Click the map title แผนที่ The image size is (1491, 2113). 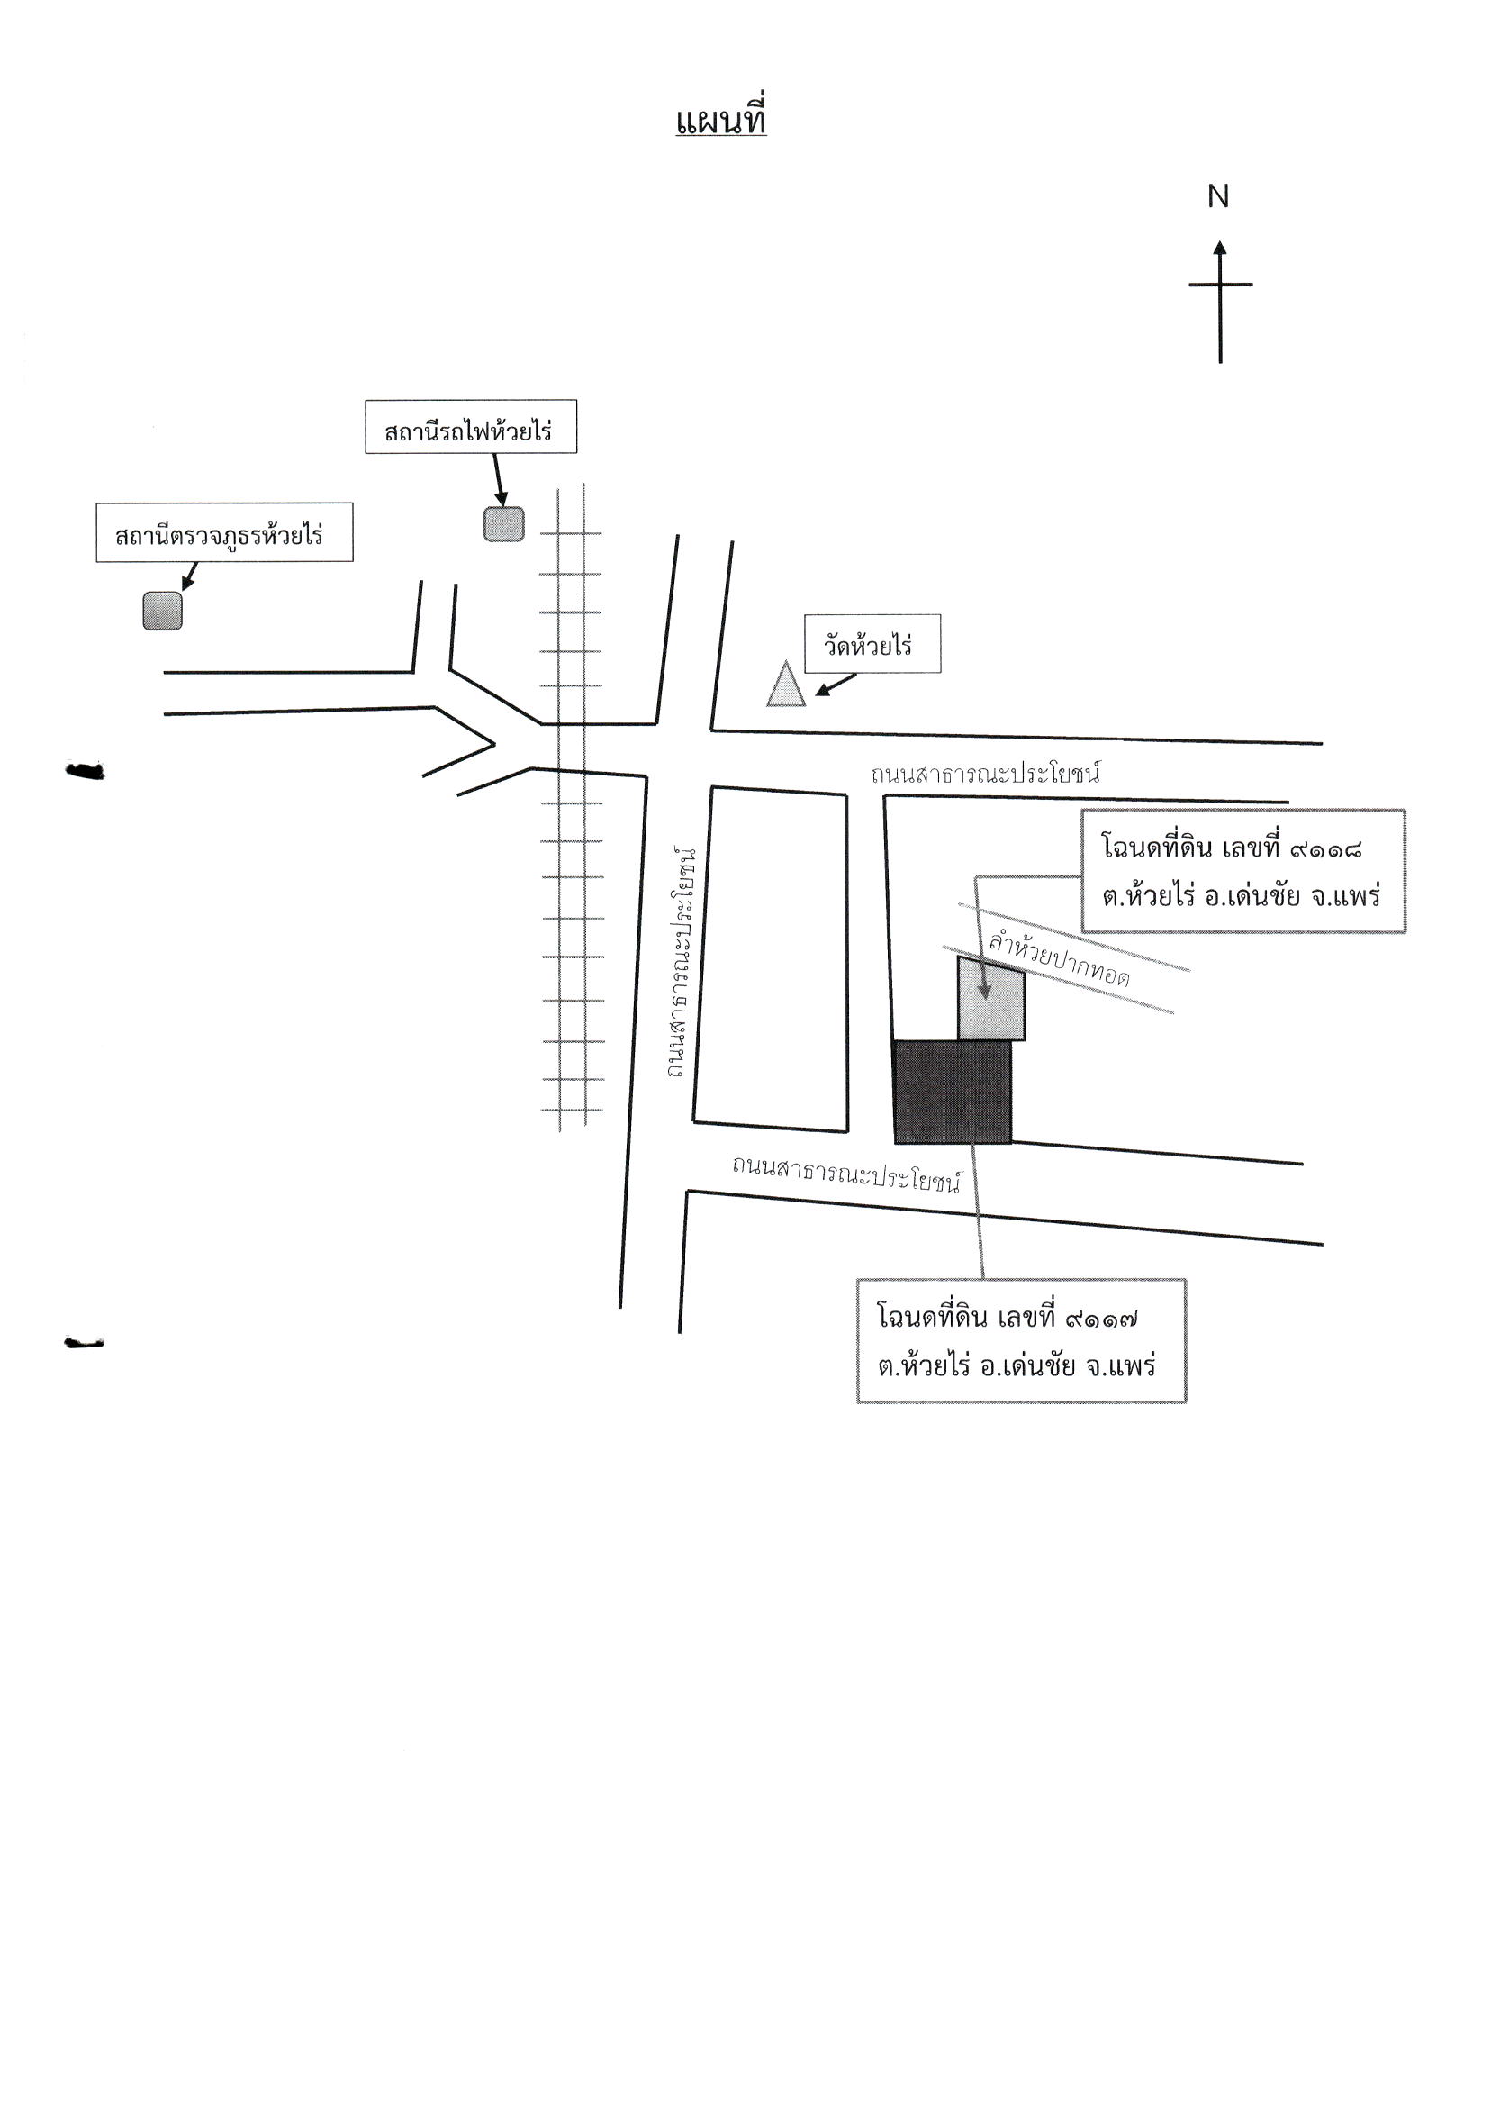pos(721,120)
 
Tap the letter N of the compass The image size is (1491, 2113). pos(1218,196)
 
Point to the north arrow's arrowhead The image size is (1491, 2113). pos(1220,248)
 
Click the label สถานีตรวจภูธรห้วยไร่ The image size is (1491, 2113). pos(220,534)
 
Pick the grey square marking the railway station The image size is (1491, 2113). pos(504,523)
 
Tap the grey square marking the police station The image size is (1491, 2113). pos(163,610)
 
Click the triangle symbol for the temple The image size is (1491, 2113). pos(786,684)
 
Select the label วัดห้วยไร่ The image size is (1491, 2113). pos(868,645)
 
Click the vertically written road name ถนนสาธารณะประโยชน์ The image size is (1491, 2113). pos(682,963)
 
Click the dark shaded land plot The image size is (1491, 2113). pos(952,1093)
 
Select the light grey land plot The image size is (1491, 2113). pos(990,998)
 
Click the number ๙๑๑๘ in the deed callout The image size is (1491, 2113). pos(1326,848)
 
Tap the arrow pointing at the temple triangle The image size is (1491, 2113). pos(836,685)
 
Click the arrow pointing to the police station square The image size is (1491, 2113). pos(189,576)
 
